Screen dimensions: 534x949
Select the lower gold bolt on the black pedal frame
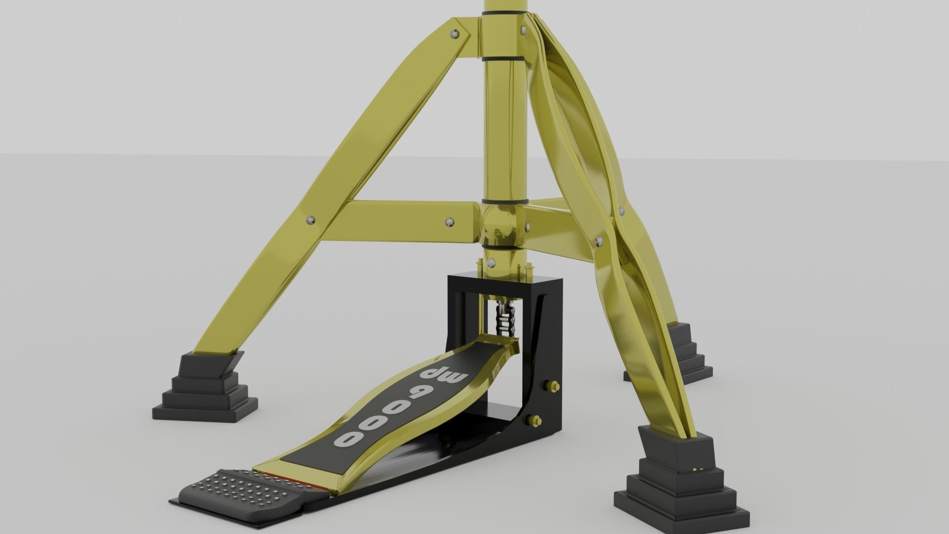535,421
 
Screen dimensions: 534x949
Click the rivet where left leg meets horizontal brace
309,220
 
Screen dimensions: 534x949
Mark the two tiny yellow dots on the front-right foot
698,468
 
